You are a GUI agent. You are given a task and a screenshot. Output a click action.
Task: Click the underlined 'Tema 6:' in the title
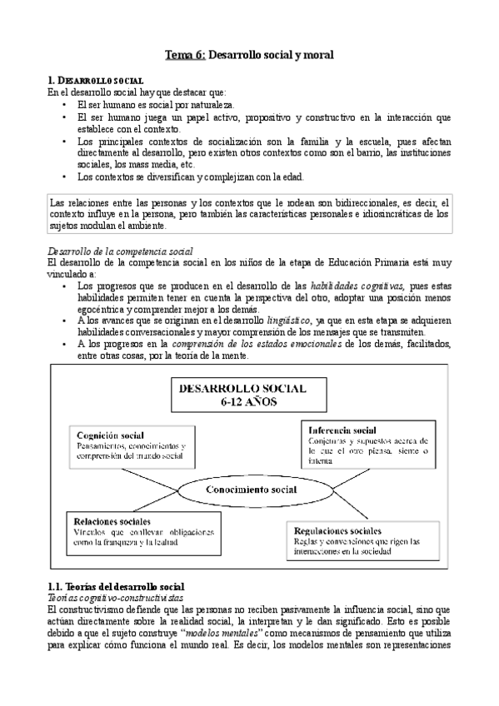click(184, 55)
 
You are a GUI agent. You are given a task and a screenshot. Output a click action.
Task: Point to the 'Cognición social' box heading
click(109, 435)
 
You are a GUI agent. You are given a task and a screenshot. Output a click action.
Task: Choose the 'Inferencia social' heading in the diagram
click(342, 430)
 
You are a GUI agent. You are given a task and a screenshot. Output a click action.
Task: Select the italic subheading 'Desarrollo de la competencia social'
click(120, 250)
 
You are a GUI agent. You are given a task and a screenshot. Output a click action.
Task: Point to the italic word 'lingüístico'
click(290, 320)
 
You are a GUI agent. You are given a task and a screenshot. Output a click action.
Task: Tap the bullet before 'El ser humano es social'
click(65, 106)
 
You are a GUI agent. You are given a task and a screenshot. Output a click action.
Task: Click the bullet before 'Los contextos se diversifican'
click(65, 176)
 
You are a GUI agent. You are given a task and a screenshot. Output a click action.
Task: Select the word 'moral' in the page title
click(317, 55)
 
